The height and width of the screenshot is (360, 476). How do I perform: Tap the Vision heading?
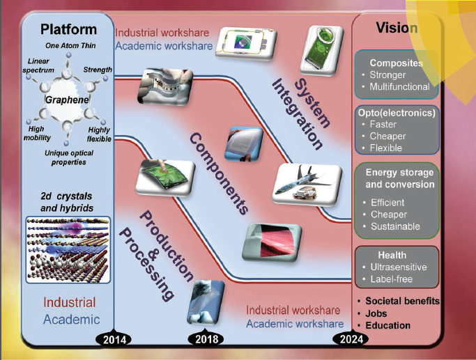[x=397, y=28]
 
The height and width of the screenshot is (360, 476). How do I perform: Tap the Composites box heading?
[x=396, y=63]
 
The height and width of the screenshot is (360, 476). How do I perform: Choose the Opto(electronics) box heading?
[x=396, y=112]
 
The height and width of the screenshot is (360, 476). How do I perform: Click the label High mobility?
[x=38, y=133]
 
